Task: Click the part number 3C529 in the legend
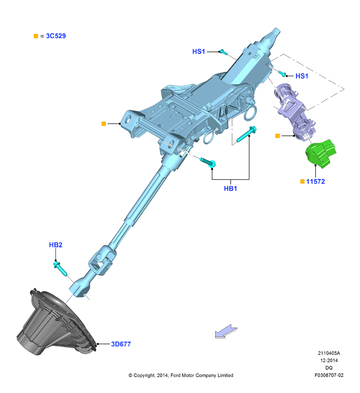[x=56, y=36]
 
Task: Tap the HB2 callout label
[x=55, y=245]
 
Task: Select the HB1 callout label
[x=230, y=189]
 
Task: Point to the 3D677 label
[x=121, y=344]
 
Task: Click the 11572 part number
[x=315, y=181]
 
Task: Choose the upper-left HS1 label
[x=199, y=51]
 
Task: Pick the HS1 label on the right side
[x=302, y=76]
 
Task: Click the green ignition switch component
[x=321, y=154]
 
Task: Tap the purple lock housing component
[x=296, y=112]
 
